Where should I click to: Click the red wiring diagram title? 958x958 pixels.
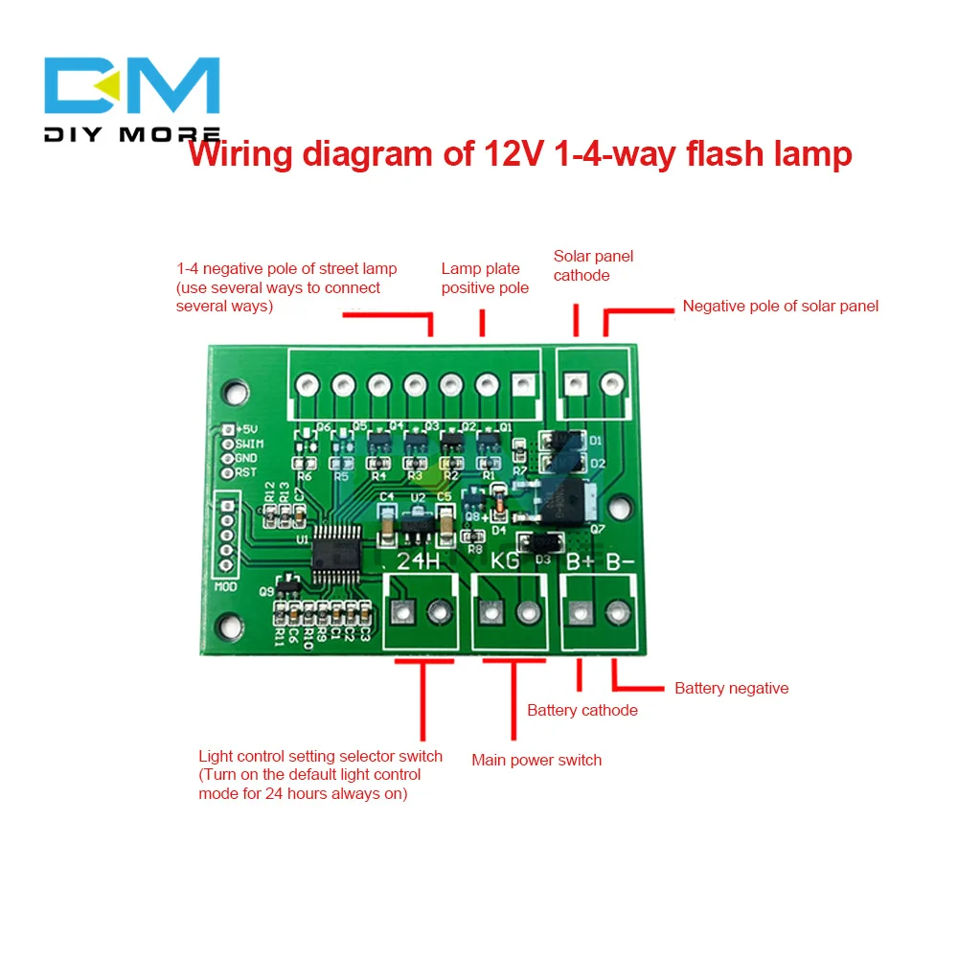520,154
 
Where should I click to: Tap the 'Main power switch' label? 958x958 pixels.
536,760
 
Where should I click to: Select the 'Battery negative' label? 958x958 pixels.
731,688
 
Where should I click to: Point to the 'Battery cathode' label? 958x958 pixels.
582,710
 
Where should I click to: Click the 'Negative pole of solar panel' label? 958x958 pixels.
780,307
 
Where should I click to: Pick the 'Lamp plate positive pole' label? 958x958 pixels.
485,278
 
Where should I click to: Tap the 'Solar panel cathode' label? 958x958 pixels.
593,265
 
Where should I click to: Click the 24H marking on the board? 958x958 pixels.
420,561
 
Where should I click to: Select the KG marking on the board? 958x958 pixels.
505,561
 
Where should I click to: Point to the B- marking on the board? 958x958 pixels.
620,561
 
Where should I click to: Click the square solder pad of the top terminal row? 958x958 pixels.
523,385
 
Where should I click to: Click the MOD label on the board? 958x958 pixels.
226,586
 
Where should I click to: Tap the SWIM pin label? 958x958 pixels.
250,444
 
